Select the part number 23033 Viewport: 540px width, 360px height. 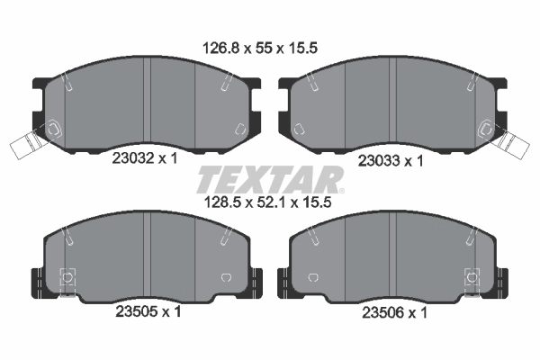click(x=378, y=160)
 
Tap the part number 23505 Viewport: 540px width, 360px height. click(x=133, y=312)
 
